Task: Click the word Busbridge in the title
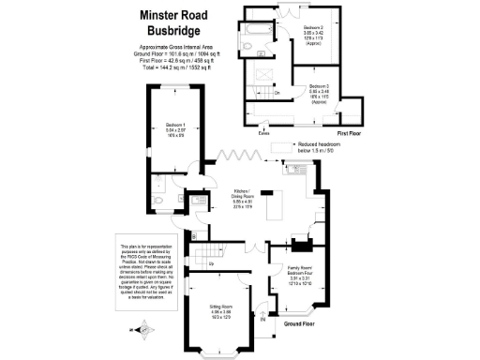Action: (174, 32)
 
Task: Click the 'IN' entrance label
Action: (263, 320)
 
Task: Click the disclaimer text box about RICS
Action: (144, 272)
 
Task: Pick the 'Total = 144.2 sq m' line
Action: (174, 70)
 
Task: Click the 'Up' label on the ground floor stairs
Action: (211, 264)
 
